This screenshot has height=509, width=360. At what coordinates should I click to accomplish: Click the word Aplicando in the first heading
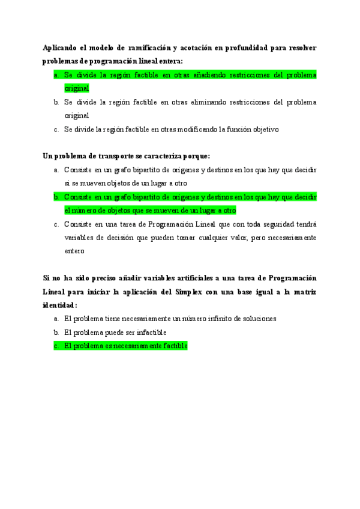click(60, 47)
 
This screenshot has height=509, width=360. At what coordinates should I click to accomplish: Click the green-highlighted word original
click(77, 88)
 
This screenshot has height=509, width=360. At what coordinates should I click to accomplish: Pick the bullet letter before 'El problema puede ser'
click(56, 333)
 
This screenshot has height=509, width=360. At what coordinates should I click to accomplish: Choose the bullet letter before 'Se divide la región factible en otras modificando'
click(56, 129)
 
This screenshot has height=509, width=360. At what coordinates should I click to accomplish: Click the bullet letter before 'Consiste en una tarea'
click(56, 224)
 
